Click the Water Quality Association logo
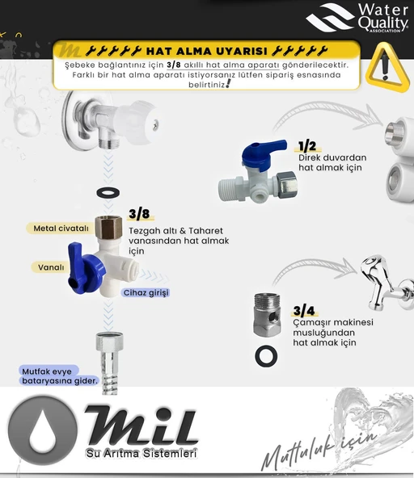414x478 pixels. [357, 18]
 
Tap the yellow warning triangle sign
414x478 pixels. [387, 68]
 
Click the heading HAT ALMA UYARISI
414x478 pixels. [207, 51]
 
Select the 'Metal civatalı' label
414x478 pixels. [61, 229]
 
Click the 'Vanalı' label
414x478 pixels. [51, 267]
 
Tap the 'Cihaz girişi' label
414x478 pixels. [146, 292]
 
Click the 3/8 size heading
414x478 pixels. [140, 214]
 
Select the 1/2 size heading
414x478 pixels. [307, 146]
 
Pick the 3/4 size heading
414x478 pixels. [304, 311]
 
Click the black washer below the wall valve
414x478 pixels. [108, 193]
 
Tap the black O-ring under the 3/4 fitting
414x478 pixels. [266, 356]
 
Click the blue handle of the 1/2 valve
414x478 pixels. [262, 154]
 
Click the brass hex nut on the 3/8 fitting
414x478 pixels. [108, 227]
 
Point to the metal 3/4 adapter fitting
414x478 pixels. [267, 315]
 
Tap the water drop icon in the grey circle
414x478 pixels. [43, 430]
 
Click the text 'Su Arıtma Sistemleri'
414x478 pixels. [142, 453]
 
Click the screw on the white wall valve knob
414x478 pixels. [156, 124]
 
